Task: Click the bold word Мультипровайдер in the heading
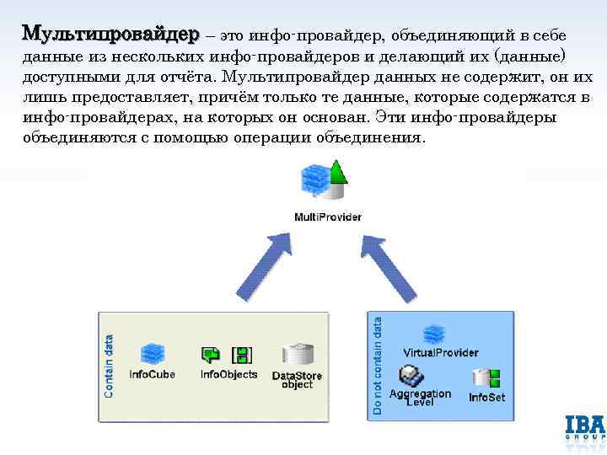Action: [x=110, y=34]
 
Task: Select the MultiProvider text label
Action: [x=328, y=217]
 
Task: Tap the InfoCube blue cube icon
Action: [x=152, y=355]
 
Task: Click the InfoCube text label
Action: [x=152, y=374]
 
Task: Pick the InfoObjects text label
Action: [x=228, y=374]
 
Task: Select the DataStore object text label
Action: [x=297, y=380]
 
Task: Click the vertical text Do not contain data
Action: [x=378, y=364]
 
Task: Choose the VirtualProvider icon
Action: [x=434, y=335]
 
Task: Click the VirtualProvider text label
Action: [x=441, y=352]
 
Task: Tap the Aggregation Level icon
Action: [x=411, y=374]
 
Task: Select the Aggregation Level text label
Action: [x=420, y=398]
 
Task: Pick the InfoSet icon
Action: [x=487, y=377]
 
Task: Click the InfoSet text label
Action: [x=486, y=396]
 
